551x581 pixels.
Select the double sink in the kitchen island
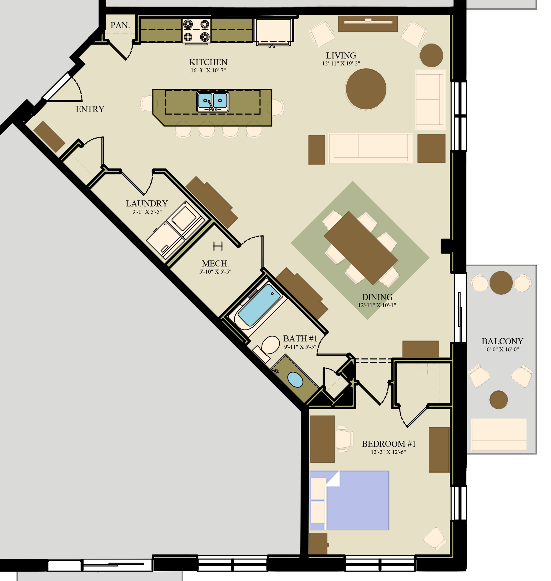(213, 101)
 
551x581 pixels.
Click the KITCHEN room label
(208, 62)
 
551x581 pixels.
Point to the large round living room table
(366, 89)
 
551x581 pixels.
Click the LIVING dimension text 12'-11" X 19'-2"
(341, 63)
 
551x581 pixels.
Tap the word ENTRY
(90, 109)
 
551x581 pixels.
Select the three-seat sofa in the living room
(370, 149)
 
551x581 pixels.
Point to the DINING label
(377, 297)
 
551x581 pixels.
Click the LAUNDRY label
(147, 203)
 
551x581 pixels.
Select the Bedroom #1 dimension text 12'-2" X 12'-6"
(388, 452)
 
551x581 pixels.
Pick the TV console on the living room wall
(368, 24)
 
